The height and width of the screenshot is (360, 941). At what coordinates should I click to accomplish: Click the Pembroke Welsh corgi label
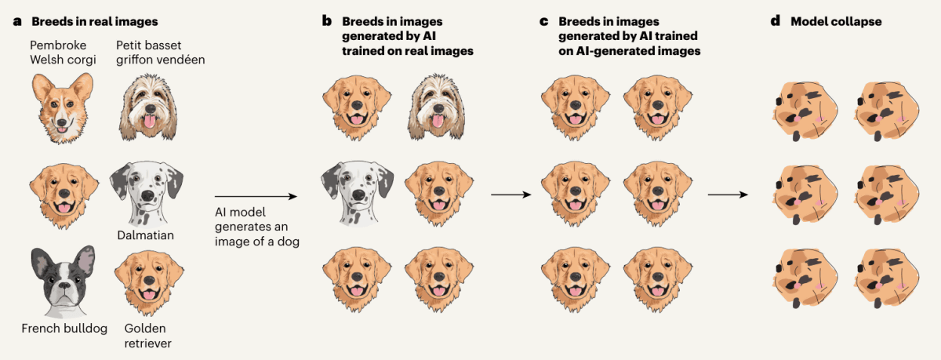pos(63,53)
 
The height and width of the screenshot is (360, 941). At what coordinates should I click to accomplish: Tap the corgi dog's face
pos(63,108)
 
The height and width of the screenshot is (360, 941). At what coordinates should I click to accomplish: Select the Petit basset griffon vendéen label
pos(161,53)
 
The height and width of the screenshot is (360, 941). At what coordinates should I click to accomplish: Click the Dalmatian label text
pos(145,235)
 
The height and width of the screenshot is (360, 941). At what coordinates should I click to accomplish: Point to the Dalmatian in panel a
pos(147,194)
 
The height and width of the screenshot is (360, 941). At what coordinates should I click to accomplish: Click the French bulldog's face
pos(63,282)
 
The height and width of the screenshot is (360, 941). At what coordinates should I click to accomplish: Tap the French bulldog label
pos(64,329)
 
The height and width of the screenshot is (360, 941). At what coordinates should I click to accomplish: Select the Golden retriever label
pos(148,336)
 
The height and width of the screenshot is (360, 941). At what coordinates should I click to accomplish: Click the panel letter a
pos(17,21)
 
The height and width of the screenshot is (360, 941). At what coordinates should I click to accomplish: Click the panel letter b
pos(327,20)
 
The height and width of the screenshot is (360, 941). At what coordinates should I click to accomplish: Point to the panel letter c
pos(544,21)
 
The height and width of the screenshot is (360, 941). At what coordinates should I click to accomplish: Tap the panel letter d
pos(776,20)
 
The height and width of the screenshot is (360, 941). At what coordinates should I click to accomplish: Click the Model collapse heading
pos(836,21)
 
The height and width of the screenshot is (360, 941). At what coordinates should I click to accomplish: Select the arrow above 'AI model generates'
pos(256,196)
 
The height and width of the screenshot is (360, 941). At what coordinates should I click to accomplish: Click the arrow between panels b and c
pos(510,195)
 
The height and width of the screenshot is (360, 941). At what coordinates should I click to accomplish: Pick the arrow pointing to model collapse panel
pos(728,195)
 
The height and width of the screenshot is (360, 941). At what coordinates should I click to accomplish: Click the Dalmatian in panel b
pos(358,193)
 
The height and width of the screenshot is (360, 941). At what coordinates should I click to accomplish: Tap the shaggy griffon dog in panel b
pos(437,107)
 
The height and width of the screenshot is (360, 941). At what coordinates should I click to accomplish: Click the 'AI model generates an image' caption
pos(257,227)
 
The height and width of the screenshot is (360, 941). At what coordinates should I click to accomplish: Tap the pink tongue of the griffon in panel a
pos(149,122)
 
